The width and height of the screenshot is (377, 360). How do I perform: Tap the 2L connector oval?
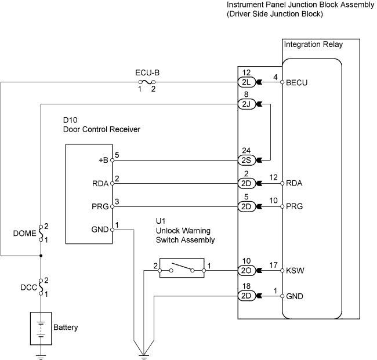click(x=245, y=82)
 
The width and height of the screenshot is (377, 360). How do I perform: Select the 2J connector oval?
click(x=245, y=104)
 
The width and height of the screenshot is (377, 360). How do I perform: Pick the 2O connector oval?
click(x=245, y=270)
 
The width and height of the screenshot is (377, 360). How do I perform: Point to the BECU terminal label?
click(x=297, y=83)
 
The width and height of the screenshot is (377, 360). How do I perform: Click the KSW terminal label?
click(x=295, y=270)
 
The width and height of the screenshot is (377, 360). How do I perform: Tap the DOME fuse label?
click(x=23, y=235)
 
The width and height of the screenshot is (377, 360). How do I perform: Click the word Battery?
click(x=66, y=328)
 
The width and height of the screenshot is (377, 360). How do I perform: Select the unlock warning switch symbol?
click(x=181, y=270)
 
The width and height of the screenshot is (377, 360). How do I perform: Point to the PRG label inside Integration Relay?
click(x=295, y=206)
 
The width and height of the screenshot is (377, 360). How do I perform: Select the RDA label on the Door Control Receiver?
click(x=100, y=184)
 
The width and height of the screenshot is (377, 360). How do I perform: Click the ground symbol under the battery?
click(x=41, y=355)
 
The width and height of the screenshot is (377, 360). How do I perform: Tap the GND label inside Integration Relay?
click(x=295, y=296)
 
